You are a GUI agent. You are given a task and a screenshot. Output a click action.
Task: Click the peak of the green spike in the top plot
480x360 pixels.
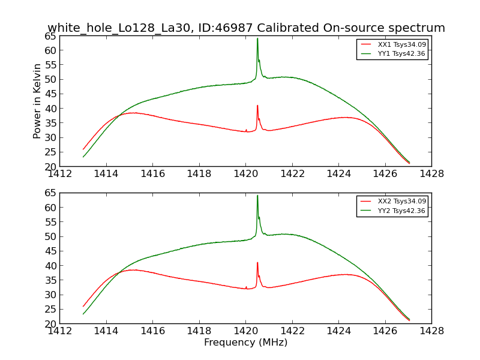(x=257, y=38)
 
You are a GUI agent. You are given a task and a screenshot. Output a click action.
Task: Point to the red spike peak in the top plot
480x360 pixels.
(x=257, y=106)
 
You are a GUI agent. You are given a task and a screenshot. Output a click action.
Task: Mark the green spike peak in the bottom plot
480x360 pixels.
(x=257, y=195)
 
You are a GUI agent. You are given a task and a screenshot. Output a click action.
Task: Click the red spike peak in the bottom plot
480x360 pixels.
(x=257, y=262)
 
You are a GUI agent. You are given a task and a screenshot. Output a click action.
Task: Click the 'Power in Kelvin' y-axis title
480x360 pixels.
(x=37, y=101)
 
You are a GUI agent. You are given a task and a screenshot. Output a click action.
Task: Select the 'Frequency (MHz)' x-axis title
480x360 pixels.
(x=245, y=343)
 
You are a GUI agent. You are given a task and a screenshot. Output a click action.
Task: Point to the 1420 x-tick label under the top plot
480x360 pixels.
(x=245, y=174)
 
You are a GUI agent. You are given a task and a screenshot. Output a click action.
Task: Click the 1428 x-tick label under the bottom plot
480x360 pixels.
(x=431, y=331)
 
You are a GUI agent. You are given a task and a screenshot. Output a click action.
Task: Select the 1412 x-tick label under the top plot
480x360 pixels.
(x=59, y=174)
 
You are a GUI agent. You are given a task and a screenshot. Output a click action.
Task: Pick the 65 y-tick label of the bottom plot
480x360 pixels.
(x=49, y=193)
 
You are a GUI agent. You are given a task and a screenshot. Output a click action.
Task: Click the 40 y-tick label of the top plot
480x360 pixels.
(x=49, y=109)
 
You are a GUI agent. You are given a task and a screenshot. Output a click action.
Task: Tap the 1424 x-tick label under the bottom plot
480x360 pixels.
(x=338, y=331)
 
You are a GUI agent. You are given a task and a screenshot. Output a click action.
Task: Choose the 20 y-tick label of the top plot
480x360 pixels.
(x=49, y=167)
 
